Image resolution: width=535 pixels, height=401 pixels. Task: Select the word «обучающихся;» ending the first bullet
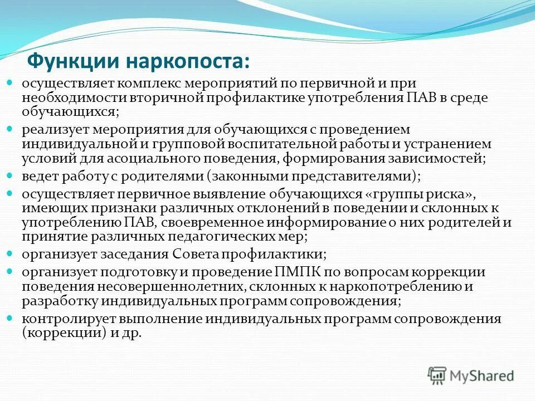[71, 111]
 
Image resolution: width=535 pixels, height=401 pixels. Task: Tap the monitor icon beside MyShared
[437, 375]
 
